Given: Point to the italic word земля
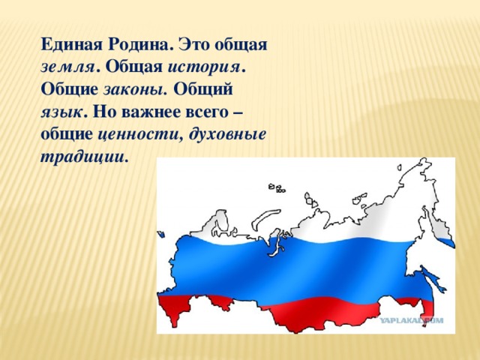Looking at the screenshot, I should click(67, 67).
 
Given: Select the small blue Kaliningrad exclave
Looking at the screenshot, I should click(160, 235).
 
